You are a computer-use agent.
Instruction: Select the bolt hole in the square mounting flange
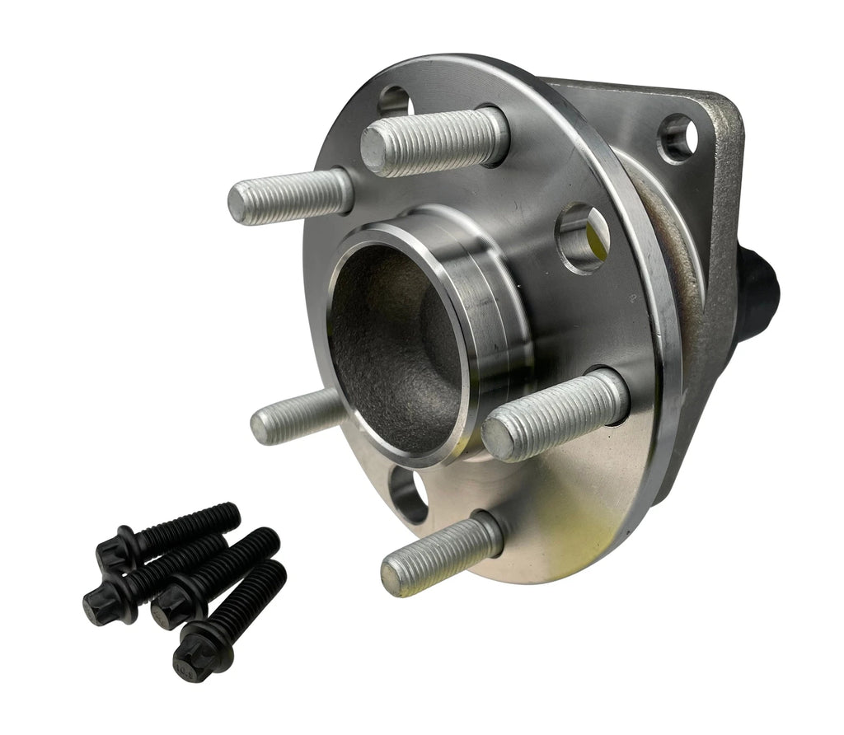tap(678, 138)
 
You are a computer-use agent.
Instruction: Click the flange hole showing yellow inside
tap(584, 240)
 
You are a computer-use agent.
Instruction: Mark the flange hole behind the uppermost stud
tap(395, 103)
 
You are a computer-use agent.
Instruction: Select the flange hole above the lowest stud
tap(410, 495)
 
